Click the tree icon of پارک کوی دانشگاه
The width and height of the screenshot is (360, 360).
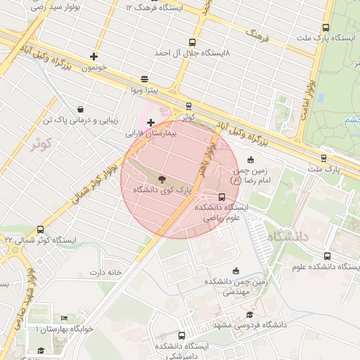(161, 179)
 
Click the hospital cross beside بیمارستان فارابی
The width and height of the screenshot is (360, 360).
(150, 122)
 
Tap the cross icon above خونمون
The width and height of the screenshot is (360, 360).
(94, 56)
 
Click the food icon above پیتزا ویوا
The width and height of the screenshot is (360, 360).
(144, 79)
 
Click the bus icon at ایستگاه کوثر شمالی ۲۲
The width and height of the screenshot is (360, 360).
(40, 229)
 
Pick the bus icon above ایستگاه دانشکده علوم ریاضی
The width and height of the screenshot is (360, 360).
(223, 197)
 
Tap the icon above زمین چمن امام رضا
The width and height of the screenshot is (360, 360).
(252, 160)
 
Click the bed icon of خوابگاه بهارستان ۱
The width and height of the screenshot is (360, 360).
(64, 319)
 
